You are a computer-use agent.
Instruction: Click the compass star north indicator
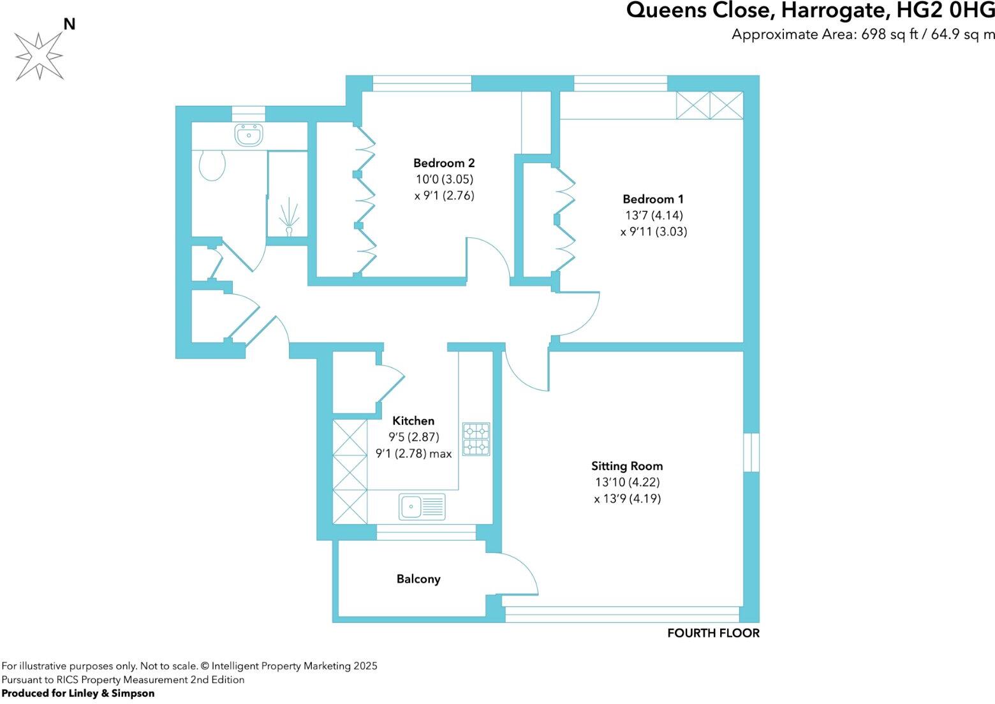pyautogui.click(x=40, y=56)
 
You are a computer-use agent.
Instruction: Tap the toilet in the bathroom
pyautogui.click(x=212, y=166)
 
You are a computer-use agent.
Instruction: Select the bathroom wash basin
pyautogui.click(x=249, y=135)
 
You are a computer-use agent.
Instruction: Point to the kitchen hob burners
pyautogui.click(x=476, y=439)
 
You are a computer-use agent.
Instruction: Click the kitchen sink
pyautogui.click(x=422, y=507)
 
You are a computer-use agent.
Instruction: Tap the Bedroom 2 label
pyautogui.click(x=444, y=163)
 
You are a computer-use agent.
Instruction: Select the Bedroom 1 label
pyautogui.click(x=653, y=199)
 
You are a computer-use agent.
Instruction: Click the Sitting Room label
pyautogui.click(x=627, y=466)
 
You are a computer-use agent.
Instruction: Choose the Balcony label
pyautogui.click(x=418, y=579)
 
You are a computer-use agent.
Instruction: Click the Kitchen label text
pyautogui.click(x=413, y=421)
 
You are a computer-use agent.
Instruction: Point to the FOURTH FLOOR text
pyautogui.click(x=713, y=633)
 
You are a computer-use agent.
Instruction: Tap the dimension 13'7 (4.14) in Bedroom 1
pyautogui.click(x=654, y=216)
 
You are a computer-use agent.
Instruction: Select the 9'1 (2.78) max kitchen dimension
pyautogui.click(x=413, y=454)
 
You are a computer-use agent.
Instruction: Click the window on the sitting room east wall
pyautogui.click(x=751, y=452)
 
